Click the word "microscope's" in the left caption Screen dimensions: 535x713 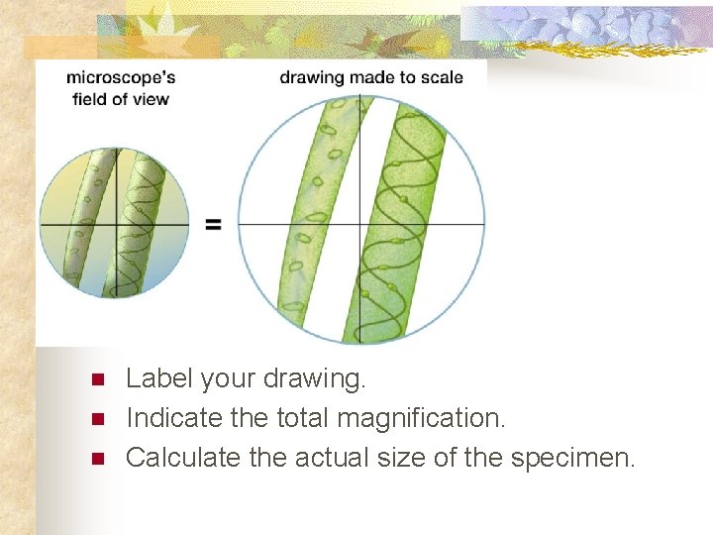[x=121, y=77]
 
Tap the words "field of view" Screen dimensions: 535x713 [x=121, y=98]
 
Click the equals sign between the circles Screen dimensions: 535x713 [x=213, y=225]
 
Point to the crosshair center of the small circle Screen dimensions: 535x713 [x=116, y=225]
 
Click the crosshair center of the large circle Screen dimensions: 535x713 [x=359, y=224]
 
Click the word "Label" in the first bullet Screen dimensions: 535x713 [x=158, y=378]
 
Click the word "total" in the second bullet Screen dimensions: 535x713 [x=299, y=418]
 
